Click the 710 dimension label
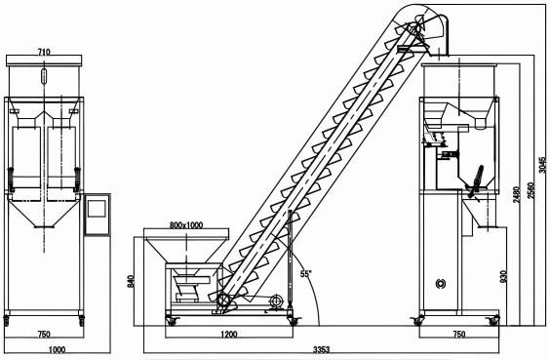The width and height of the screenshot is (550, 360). coord(44,52)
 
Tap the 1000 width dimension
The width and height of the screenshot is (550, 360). coord(57,349)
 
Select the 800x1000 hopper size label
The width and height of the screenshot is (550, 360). coord(186,225)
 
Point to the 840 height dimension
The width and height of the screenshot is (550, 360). coord(130,282)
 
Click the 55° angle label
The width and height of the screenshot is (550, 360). coord(306,274)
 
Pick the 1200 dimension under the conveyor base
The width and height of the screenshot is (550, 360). coord(229,334)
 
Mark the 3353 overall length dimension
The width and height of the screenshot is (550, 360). coord(321,349)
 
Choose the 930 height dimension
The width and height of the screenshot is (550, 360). coord(503,276)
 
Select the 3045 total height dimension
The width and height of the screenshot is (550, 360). coord(542,165)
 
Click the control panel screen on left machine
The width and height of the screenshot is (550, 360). coord(97,209)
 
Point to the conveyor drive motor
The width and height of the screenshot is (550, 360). coord(276,301)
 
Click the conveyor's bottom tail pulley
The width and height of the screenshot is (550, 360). coord(222,300)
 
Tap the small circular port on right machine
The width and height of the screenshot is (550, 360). coord(440,284)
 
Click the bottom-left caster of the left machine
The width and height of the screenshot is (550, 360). coord(6,320)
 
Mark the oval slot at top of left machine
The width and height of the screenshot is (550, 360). coord(44,76)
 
